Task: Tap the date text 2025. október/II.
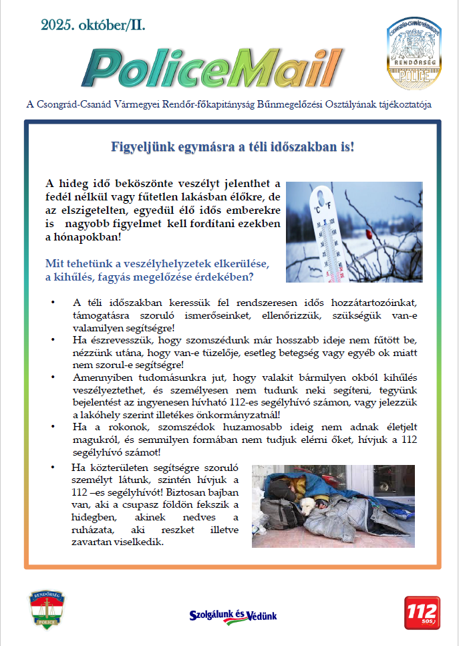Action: pos(93,25)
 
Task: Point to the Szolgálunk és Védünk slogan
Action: pos(233,615)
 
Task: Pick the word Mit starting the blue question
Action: pos(54,263)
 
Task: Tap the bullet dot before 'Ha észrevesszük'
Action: pos(53,340)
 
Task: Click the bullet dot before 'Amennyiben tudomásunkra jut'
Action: pos(53,377)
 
